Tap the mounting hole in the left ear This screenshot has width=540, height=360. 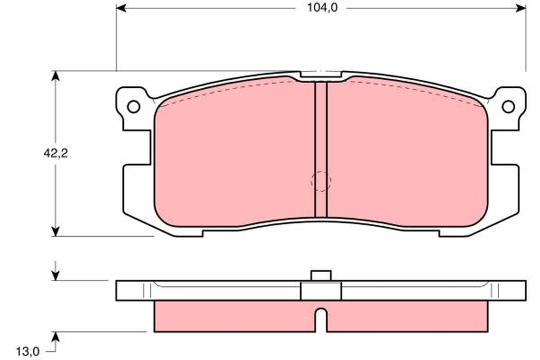pos(133,107)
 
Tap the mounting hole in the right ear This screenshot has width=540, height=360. pos(508,107)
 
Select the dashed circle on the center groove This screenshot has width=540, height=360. pos(321,181)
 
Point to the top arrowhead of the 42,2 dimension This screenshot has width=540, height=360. pos(55,76)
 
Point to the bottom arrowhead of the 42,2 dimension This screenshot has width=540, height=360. pos(55,231)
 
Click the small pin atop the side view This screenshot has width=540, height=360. pos(321,275)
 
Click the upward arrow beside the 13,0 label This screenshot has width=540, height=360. pos(55,338)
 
